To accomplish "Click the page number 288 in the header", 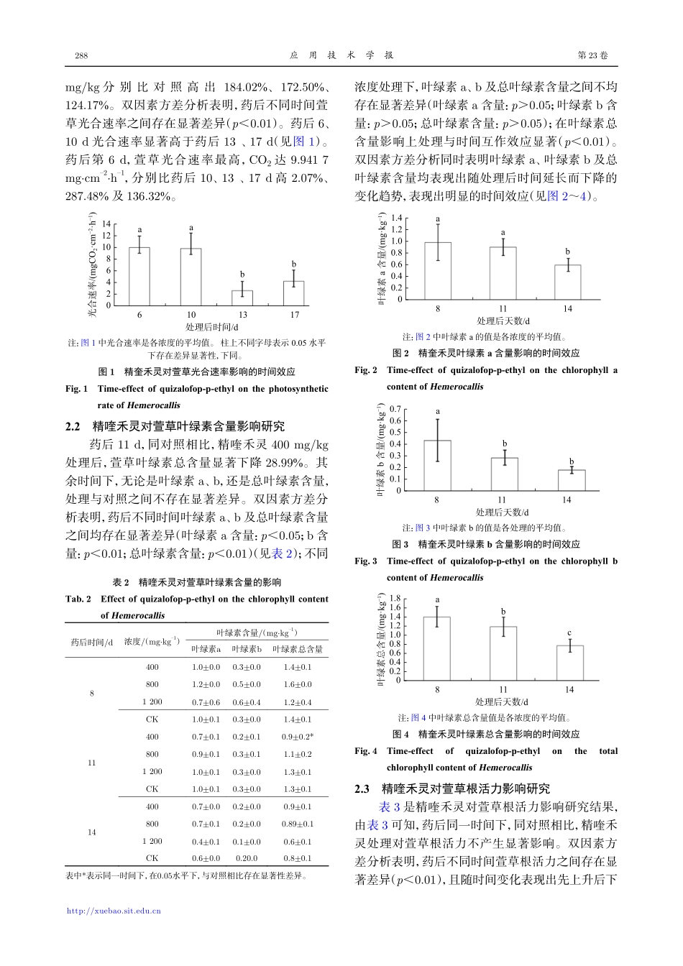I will (x=81, y=56).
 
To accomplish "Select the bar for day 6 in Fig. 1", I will (x=139, y=277).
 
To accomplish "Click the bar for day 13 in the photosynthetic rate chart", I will (x=242, y=298).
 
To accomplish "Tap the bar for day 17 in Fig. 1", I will (x=294, y=293).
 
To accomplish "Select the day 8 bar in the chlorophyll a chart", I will (x=438, y=271).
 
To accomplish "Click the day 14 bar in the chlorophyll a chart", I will (x=567, y=282).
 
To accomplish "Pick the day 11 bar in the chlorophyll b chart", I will (x=504, y=474).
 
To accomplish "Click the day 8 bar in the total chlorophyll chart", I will (x=437, y=648).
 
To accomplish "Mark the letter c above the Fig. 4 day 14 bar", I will (x=569, y=633).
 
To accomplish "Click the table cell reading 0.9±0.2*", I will (x=297, y=737).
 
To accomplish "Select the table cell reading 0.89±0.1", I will (x=297, y=824).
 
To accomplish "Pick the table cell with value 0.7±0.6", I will (x=206, y=702).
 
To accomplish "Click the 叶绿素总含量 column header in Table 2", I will (x=297, y=649).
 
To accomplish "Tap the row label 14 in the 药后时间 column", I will (x=91, y=832).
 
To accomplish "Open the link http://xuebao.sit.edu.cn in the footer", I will (x=114, y=911).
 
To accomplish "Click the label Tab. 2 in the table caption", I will (x=78, y=599).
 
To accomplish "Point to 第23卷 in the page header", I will (x=592, y=56).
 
